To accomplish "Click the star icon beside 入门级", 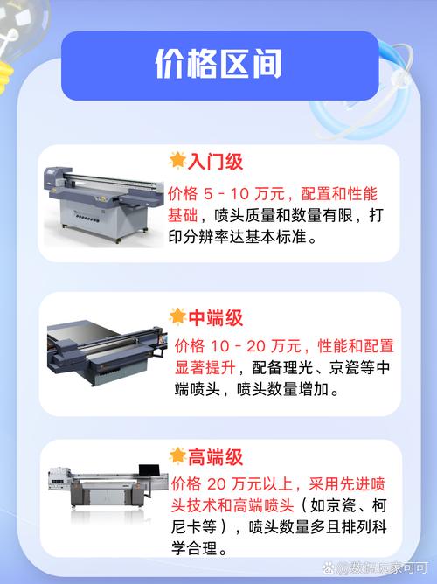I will [x=178, y=161].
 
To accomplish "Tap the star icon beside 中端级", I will [x=178, y=316].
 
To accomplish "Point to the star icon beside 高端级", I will [x=178, y=455].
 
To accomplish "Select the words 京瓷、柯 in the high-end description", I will [x=358, y=506].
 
